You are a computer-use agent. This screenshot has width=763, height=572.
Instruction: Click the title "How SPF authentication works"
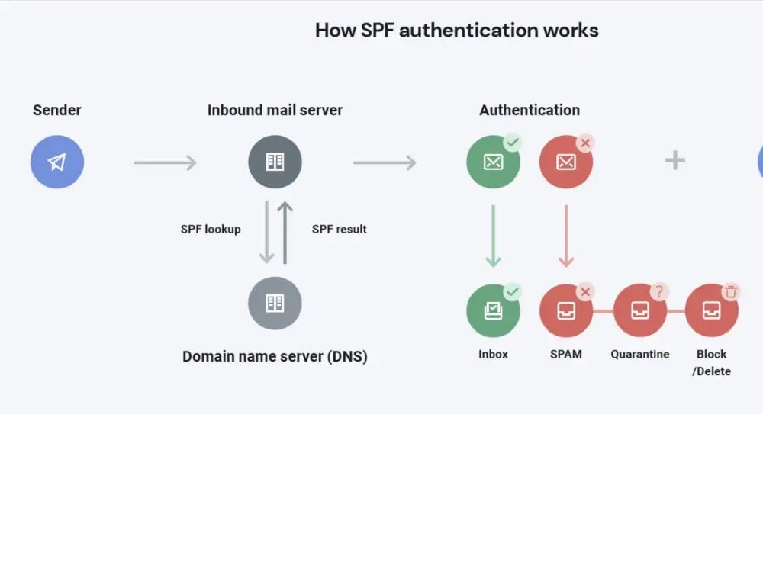coord(456,31)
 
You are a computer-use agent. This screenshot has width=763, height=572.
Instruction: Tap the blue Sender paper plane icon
coord(57,162)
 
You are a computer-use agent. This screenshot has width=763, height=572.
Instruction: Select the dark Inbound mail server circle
coord(275,162)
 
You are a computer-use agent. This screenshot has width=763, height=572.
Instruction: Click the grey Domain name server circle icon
coord(275,303)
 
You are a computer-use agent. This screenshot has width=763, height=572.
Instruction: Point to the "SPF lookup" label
coord(211,229)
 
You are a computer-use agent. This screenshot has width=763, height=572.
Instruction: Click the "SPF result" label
coord(339,229)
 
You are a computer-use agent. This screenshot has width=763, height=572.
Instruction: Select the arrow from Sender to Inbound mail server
coord(165,162)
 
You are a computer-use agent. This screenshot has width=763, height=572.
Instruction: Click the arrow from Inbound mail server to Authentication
coord(384,162)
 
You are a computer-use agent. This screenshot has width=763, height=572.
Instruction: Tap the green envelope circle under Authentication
coord(493,162)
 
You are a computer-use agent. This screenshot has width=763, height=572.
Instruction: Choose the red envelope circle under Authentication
coord(565,162)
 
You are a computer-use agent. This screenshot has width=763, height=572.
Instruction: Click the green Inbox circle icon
coord(493,310)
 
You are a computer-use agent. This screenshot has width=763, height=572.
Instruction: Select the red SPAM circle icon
coord(565,310)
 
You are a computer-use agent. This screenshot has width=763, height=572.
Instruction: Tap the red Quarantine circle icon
coord(639,310)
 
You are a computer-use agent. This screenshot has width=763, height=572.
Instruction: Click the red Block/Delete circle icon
coord(711,310)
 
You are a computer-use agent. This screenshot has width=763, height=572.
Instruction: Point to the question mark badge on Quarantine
coord(659,291)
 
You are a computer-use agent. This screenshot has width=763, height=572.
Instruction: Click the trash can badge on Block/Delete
coord(731,291)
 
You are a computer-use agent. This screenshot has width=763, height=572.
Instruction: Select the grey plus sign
coord(675,160)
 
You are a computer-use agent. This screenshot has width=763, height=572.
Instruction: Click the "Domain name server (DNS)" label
coord(275,356)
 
